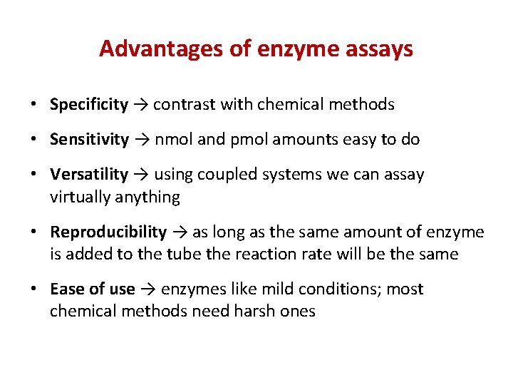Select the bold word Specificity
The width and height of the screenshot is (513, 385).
tap(89, 105)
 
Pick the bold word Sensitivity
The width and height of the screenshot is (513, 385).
tap(89, 140)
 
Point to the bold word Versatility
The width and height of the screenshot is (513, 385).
tap(89, 175)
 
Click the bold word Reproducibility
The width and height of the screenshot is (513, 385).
tap(108, 232)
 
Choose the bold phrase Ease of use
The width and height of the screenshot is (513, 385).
tap(92, 289)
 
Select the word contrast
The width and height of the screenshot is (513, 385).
tap(182, 105)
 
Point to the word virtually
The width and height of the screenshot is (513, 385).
tap(77, 197)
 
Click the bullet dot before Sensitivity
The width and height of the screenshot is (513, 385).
tap(34, 140)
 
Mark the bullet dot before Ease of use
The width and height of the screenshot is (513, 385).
tap(34, 290)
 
